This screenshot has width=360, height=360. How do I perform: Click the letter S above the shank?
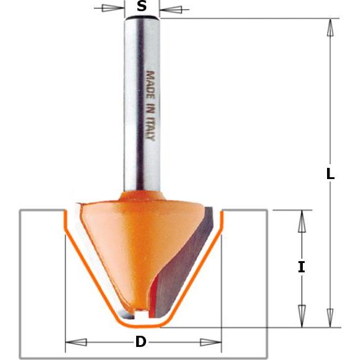(142, 7)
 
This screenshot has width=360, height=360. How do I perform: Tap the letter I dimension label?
(302, 267)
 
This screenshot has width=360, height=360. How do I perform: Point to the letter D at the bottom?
(142, 342)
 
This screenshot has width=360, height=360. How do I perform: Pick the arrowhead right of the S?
(174, 9)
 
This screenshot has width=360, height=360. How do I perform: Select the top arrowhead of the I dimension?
(302, 220)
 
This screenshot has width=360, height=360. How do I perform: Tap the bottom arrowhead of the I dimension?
(302, 315)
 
